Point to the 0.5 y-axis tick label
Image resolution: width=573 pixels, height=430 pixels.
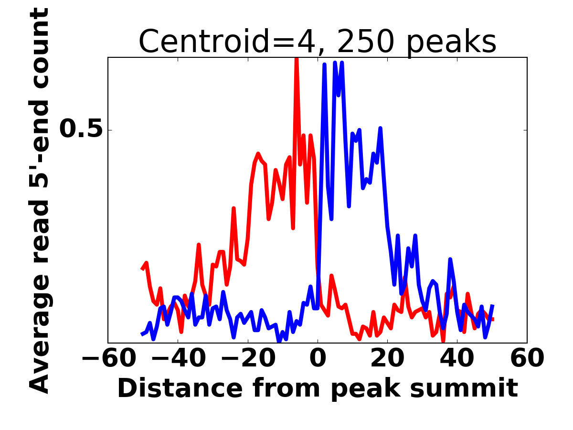pyautogui.click(x=81, y=129)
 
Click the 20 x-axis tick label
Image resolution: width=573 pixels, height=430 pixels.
pyautogui.click(x=387, y=358)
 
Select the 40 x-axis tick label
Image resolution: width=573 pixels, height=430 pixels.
pyautogui.click(x=457, y=358)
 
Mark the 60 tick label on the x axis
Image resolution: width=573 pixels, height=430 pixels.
pyautogui.click(x=527, y=358)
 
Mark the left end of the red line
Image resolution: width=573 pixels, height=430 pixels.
pyautogui.click(x=142, y=269)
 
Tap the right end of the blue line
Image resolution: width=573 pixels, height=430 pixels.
pyautogui.click(x=493, y=305)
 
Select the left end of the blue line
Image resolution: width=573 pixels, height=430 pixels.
pyautogui.click(x=142, y=333)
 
